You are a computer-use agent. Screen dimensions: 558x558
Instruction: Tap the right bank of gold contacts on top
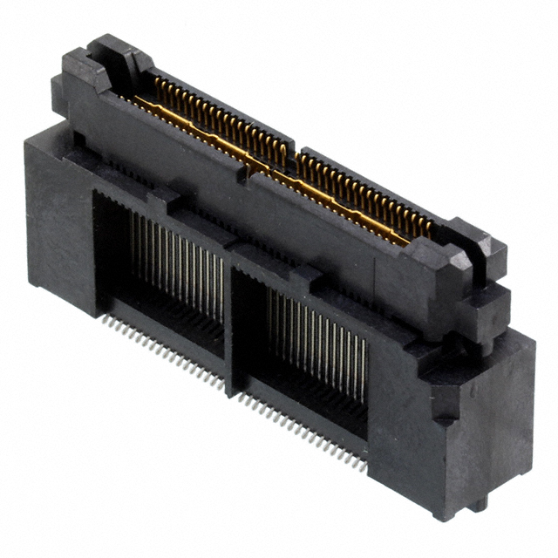tap(366, 192)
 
